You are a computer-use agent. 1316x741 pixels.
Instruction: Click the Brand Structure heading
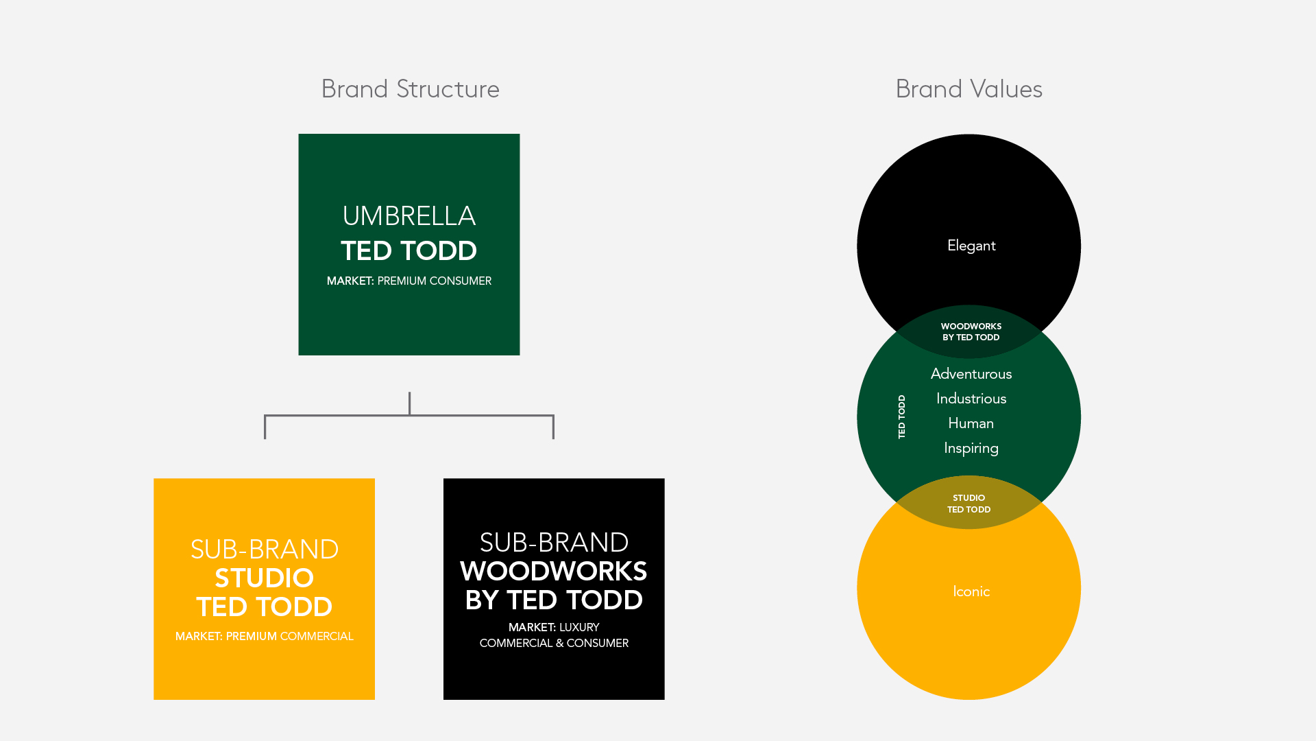[x=410, y=89]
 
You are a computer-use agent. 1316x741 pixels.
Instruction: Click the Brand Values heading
[x=968, y=89]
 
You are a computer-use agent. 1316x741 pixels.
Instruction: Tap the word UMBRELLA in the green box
[x=409, y=216]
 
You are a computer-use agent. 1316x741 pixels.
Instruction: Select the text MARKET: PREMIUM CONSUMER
[x=409, y=281]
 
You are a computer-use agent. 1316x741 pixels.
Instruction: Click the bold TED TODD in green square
[x=409, y=251]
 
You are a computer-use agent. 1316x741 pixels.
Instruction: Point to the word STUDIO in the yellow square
[x=264, y=578]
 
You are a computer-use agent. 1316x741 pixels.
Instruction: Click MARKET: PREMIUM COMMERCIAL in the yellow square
[x=264, y=637]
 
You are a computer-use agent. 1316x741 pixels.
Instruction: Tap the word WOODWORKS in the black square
[x=553, y=572]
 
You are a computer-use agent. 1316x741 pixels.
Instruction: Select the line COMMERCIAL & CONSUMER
[x=553, y=644]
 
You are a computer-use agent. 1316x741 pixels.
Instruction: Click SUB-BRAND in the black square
[x=553, y=543]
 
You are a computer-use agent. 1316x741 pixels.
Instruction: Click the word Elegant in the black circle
[x=971, y=246]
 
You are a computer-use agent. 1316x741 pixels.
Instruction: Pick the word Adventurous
[x=971, y=374]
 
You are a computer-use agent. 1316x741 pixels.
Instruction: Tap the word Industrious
[x=971, y=399]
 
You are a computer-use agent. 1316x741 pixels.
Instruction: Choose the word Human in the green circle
[x=971, y=423]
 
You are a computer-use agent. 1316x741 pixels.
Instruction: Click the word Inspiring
[x=971, y=448]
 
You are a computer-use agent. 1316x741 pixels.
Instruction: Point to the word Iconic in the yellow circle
[x=971, y=591]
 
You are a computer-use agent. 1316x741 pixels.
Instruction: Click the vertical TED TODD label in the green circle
[x=901, y=416]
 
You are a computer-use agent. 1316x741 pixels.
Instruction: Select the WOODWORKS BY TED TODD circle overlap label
[x=971, y=332]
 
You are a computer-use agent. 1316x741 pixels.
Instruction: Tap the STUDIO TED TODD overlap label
[x=968, y=504]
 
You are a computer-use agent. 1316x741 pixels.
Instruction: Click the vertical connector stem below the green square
[x=409, y=403]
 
